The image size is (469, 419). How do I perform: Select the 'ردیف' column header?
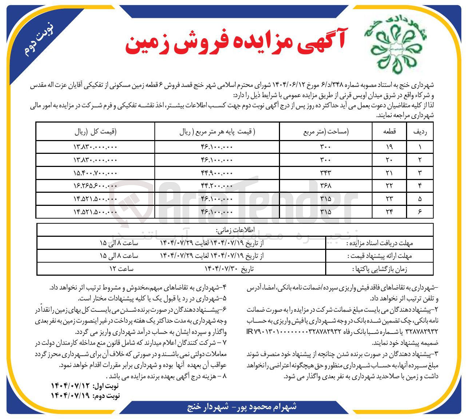click(x=420, y=132)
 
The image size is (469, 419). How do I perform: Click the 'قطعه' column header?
click(x=389, y=132)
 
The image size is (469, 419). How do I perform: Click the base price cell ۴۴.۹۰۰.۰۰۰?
click(x=217, y=173)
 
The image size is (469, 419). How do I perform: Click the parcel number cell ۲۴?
click(x=389, y=212)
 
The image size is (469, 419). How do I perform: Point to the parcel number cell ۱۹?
click(x=389, y=147)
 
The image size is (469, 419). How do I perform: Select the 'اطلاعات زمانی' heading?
click(x=235, y=230)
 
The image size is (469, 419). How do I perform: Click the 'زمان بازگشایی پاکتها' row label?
click(x=380, y=269)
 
